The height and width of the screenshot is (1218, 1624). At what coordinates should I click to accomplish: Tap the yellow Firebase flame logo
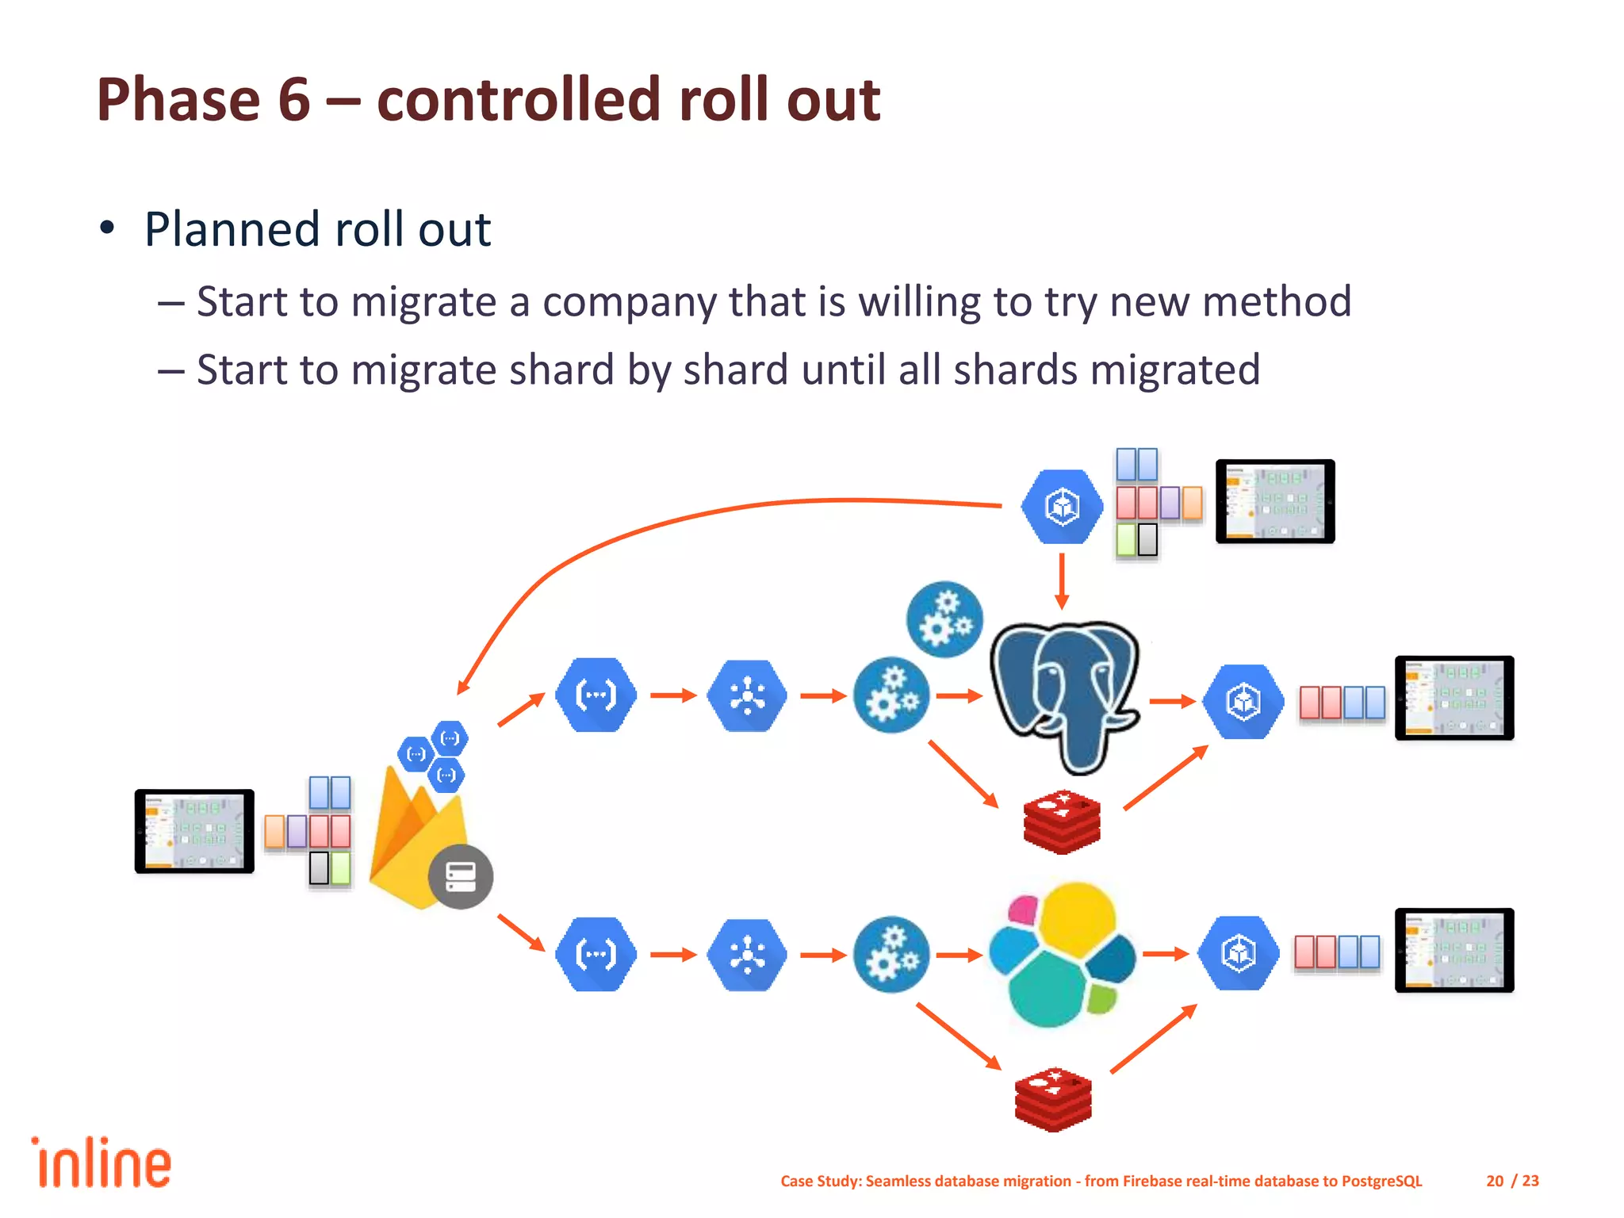[x=412, y=841]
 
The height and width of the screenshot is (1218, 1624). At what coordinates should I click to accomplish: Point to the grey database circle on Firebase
[x=460, y=876]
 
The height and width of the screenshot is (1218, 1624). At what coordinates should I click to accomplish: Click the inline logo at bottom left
[x=101, y=1163]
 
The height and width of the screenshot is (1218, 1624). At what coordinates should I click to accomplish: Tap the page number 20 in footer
[x=1494, y=1181]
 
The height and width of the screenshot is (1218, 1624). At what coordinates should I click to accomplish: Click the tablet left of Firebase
[x=194, y=831]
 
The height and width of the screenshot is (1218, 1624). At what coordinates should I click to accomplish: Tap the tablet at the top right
[x=1275, y=501]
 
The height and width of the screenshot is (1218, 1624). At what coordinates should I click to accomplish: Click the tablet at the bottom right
[x=1454, y=950]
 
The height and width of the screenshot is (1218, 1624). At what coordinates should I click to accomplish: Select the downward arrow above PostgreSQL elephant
[x=1062, y=583]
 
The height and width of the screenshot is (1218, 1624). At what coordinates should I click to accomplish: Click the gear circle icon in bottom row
[x=891, y=954]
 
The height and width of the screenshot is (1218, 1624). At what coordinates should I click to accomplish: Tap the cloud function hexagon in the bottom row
[x=596, y=954]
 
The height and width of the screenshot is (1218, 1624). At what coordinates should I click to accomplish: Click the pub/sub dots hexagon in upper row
[x=746, y=695]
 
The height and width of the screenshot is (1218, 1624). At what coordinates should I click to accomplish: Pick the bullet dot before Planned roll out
[x=107, y=229]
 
